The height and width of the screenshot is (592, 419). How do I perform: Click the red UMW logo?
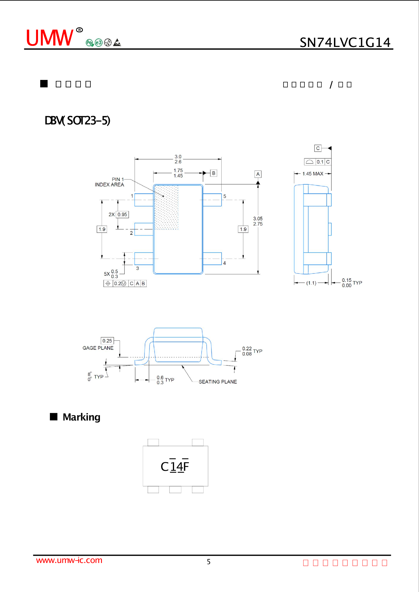click(50, 38)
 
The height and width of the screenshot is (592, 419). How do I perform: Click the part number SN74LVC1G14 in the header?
click(345, 43)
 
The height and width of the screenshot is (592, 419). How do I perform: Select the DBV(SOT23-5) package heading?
click(77, 120)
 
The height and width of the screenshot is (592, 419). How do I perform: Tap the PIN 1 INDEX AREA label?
click(110, 182)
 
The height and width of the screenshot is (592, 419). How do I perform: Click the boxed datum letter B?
click(214, 173)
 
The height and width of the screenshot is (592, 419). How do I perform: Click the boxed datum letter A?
click(258, 174)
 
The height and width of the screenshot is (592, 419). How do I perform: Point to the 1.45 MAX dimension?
click(313, 174)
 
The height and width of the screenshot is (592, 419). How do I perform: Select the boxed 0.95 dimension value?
click(122, 214)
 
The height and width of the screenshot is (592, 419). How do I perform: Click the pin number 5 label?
click(225, 196)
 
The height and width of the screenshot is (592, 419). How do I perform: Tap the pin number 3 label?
click(137, 268)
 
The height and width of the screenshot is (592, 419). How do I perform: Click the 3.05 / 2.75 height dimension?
click(258, 221)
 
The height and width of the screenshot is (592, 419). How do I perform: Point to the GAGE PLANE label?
click(98, 348)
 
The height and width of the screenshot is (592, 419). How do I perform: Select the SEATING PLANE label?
click(218, 382)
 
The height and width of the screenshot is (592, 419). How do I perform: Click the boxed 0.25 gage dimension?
click(107, 341)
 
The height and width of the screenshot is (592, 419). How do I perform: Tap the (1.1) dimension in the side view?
click(311, 283)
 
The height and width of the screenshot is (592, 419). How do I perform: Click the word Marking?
click(81, 417)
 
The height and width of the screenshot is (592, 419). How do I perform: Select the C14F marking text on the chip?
click(175, 467)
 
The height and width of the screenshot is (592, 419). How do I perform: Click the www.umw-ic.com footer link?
click(69, 560)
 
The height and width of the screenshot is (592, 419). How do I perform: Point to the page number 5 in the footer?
click(209, 562)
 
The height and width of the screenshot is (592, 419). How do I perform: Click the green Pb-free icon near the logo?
click(90, 43)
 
